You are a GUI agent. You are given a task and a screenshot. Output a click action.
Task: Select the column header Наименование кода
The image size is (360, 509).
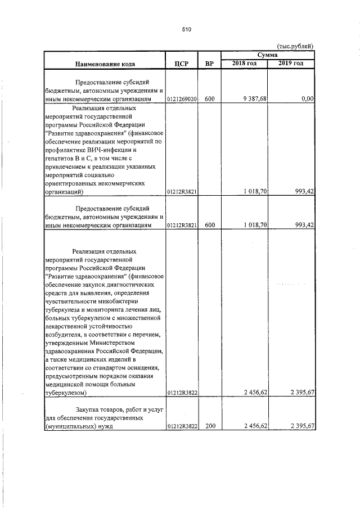click(103, 64)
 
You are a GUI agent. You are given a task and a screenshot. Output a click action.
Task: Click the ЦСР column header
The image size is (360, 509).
click(181, 64)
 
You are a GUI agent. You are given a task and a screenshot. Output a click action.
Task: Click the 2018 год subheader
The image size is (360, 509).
click(244, 62)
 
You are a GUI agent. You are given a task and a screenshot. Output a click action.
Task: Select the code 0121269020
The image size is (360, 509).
click(181, 99)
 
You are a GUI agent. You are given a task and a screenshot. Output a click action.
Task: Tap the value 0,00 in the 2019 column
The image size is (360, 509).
click(307, 99)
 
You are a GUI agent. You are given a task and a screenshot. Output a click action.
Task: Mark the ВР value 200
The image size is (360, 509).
click(210, 426)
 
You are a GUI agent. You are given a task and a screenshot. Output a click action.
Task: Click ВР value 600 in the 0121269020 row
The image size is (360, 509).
click(210, 99)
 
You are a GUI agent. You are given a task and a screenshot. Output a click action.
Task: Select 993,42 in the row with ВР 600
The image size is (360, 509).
click(304, 225)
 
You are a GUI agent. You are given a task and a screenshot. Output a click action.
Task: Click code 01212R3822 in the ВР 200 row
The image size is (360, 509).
click(181, 426)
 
